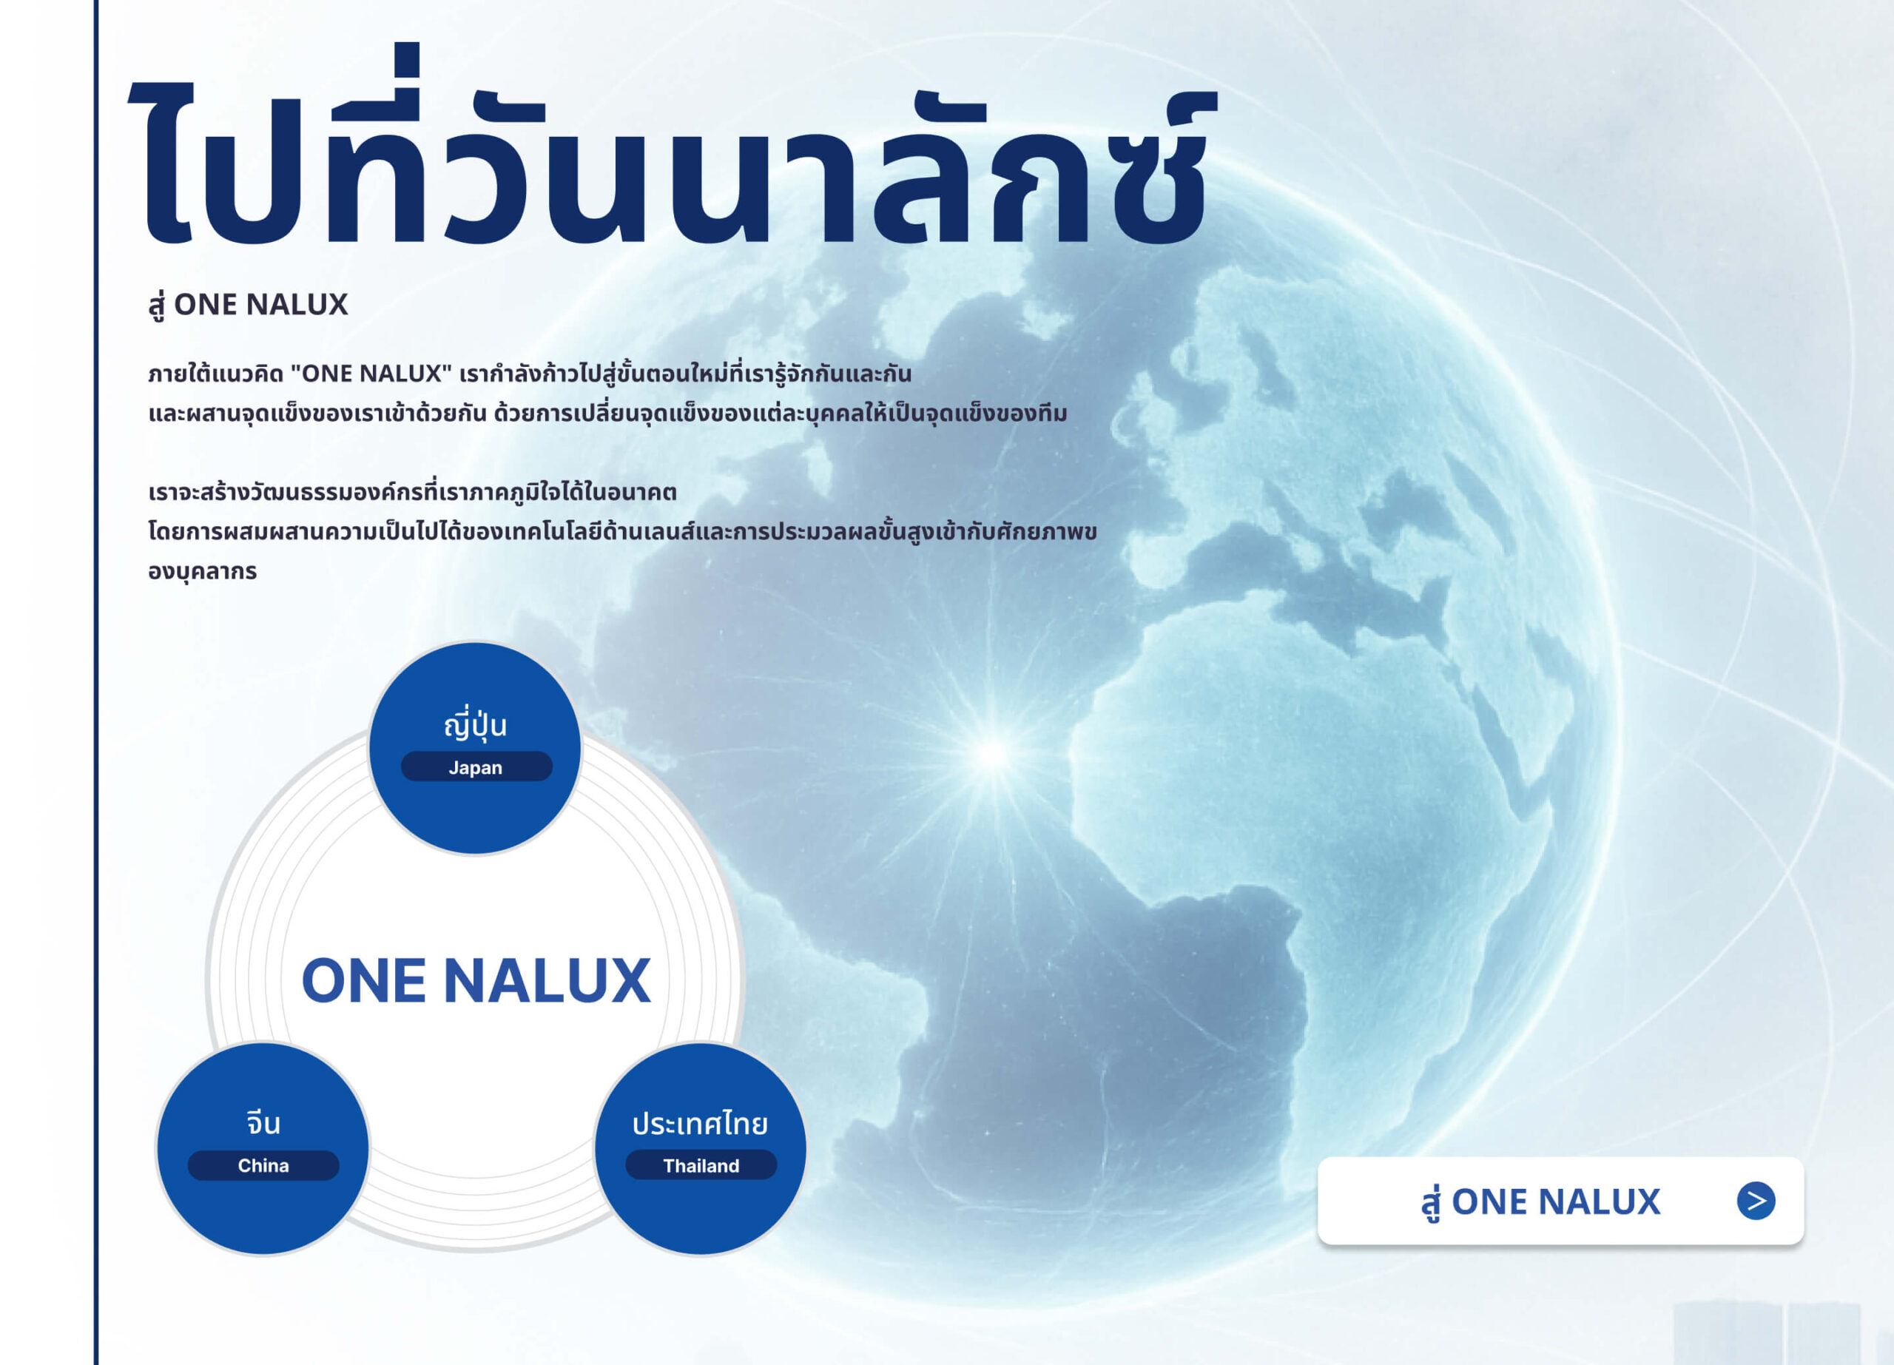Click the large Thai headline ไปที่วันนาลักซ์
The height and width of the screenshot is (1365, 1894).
pos(673,146)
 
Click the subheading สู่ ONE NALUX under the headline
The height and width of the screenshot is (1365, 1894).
pos(248,306)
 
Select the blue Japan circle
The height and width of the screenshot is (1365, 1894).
pos(474,748)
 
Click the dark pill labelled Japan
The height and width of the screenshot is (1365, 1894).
pos(476,766)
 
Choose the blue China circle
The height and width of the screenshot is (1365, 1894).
pos(263,1148)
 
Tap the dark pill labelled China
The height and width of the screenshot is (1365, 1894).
pos(263,1165)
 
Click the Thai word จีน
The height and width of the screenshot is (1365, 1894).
pos(263,1123)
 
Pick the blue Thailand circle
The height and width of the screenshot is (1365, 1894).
pos(700,1148)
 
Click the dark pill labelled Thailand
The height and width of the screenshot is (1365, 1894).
pos(701,1165)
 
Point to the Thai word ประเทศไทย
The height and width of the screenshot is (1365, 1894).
pos(700,1123)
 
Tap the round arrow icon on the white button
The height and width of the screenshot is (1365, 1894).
pos(1756,1201)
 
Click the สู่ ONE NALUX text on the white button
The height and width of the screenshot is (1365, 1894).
pos(1541,1202)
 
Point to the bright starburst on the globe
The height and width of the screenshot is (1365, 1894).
pos(992,753)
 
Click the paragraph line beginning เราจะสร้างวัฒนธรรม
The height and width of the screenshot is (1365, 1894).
pos(413,492)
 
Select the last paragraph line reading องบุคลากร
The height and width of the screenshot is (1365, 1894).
pos(202,572)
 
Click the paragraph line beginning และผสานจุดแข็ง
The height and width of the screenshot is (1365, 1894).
pos(608,414)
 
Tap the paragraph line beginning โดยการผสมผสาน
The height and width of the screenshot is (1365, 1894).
pos(622,532)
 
